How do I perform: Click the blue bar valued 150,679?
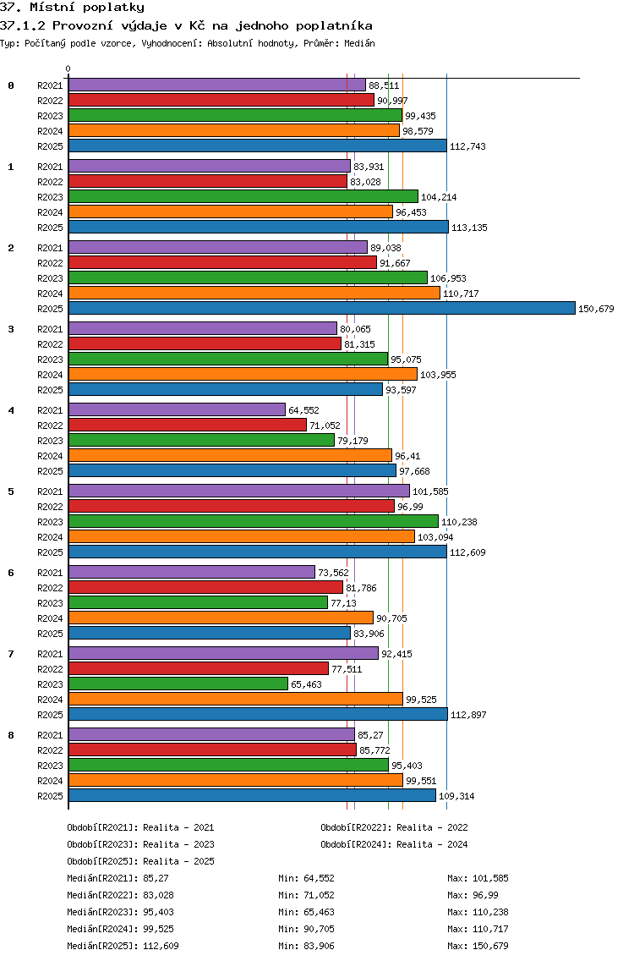321,308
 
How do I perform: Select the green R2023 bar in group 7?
178,684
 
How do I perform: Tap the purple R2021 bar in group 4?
177,409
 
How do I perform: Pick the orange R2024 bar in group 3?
243,374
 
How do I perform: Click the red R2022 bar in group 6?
205,587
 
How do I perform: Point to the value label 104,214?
439,197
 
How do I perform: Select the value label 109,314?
456,796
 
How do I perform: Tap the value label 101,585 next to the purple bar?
430,491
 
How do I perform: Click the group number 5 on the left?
11,491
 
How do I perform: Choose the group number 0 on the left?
11,85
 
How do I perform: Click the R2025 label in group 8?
50,796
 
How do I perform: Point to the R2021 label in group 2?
50,248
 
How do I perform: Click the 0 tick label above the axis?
68,69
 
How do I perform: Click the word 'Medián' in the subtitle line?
358,43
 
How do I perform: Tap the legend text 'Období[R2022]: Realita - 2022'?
394,827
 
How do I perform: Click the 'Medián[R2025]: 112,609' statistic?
123,946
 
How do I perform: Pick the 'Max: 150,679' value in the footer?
478,946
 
